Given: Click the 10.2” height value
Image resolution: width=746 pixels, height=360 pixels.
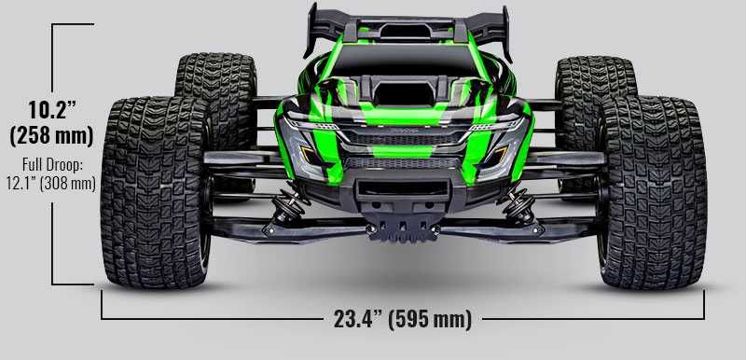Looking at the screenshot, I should [x=50, y=108].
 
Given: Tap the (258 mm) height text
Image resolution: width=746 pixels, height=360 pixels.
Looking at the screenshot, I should [x=51, y=135].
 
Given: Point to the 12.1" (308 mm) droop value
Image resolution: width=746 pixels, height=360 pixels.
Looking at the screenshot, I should [x=51, y=182].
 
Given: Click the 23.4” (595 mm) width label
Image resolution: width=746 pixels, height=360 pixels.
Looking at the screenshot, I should [x=402, y=319].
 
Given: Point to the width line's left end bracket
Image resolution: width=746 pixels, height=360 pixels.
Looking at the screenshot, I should [x=103, y=306].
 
